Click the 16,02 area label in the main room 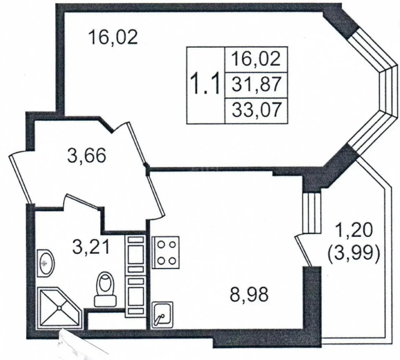(113, 38)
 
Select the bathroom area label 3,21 (91, 247)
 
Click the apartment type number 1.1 (205, 83)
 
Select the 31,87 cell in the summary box (256, 85)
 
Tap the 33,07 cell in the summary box (256, 110)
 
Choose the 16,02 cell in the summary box (256, 59)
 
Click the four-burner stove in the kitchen (166, 252)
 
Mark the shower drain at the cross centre (59, 308)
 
